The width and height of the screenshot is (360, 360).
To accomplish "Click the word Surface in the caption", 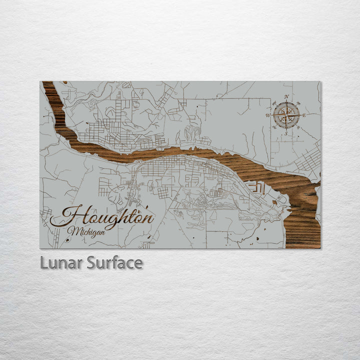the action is click(114, 262).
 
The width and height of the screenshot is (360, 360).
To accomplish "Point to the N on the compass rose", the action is click(286, 96).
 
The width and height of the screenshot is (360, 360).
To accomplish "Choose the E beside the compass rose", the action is click(304, 115).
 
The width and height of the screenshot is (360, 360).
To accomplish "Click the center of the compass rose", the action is click(286, 115).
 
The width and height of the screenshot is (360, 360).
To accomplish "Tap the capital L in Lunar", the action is click(44, 262).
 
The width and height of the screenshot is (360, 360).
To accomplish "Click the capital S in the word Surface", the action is click(91, 262).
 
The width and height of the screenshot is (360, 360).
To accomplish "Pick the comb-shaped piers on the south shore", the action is click(255, 187).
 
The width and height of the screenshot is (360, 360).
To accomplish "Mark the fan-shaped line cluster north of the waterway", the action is click(191, 133).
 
